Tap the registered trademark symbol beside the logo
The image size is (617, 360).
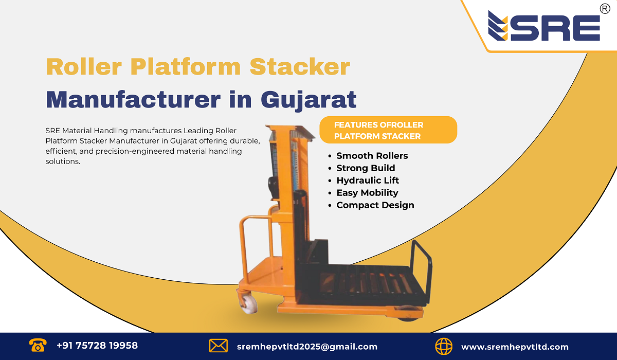pyautogui.click(x=605, y=8)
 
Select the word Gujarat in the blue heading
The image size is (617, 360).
pyautogui.click(x=308, y=99)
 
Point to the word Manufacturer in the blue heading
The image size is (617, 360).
pyautogui.click(x=132, y=99)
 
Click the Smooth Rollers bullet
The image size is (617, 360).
pyautogui.click(x=372, y=155)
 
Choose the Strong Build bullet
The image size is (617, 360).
pyautogui.click(x=366, y=168)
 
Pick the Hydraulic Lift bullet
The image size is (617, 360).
pyautogui.click(x=368, y=180)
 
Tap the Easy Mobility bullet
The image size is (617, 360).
pyautogui.click(x=367, y=192)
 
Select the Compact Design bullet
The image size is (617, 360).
pyautogui.click(x=375, y=205)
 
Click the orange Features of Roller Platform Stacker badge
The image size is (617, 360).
pyautogui.click(x=388, y=130)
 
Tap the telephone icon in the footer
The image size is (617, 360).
pyautogui.click(x=38, y=346)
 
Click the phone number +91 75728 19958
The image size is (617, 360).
pyautogui.click(x=97, y=346)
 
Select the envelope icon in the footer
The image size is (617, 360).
pyautogui.click(x=219, y=346)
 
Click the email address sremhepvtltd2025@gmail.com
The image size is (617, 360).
pyautogui.click(x=307, y=347)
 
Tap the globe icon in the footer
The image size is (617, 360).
pyautogui.click(x=444, y=346)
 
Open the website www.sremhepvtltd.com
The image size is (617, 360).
pyautogui.click(x=515, y=347)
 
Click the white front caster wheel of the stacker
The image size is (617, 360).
pyautogui.click(x=249, y=303)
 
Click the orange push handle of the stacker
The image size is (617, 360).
pyautogui.click(x=255, y=237)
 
